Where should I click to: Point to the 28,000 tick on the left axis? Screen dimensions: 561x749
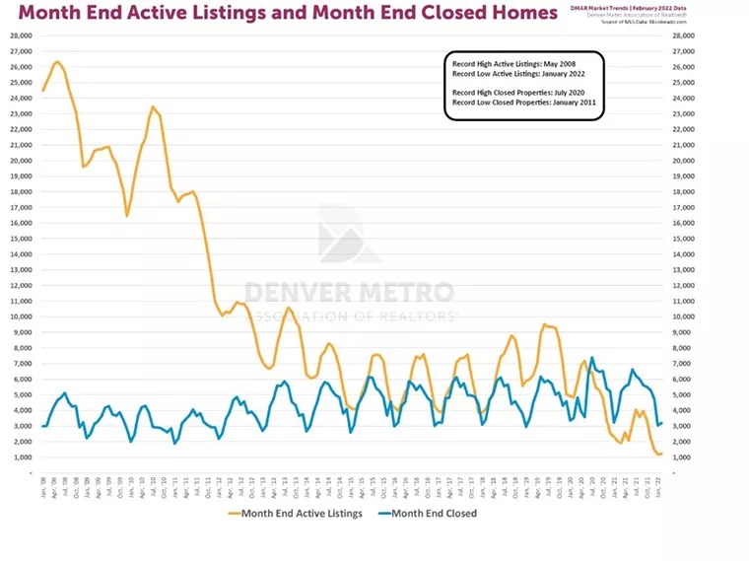pos(22,35)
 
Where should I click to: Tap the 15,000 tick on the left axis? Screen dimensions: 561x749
pos(22,239)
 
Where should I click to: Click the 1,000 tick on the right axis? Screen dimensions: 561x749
pos(684,457)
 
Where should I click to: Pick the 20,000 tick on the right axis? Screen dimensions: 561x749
pos(684,161)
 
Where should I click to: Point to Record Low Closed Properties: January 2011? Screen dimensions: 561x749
pos(523,103)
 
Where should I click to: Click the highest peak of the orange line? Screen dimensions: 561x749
pos(56,61)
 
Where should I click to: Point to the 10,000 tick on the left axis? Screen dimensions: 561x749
pos(22,316)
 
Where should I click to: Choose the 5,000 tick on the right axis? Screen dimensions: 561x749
pos(684,394)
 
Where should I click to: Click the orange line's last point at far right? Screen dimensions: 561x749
pos(660,454)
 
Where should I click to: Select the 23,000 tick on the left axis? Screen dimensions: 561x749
pos(22,113)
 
